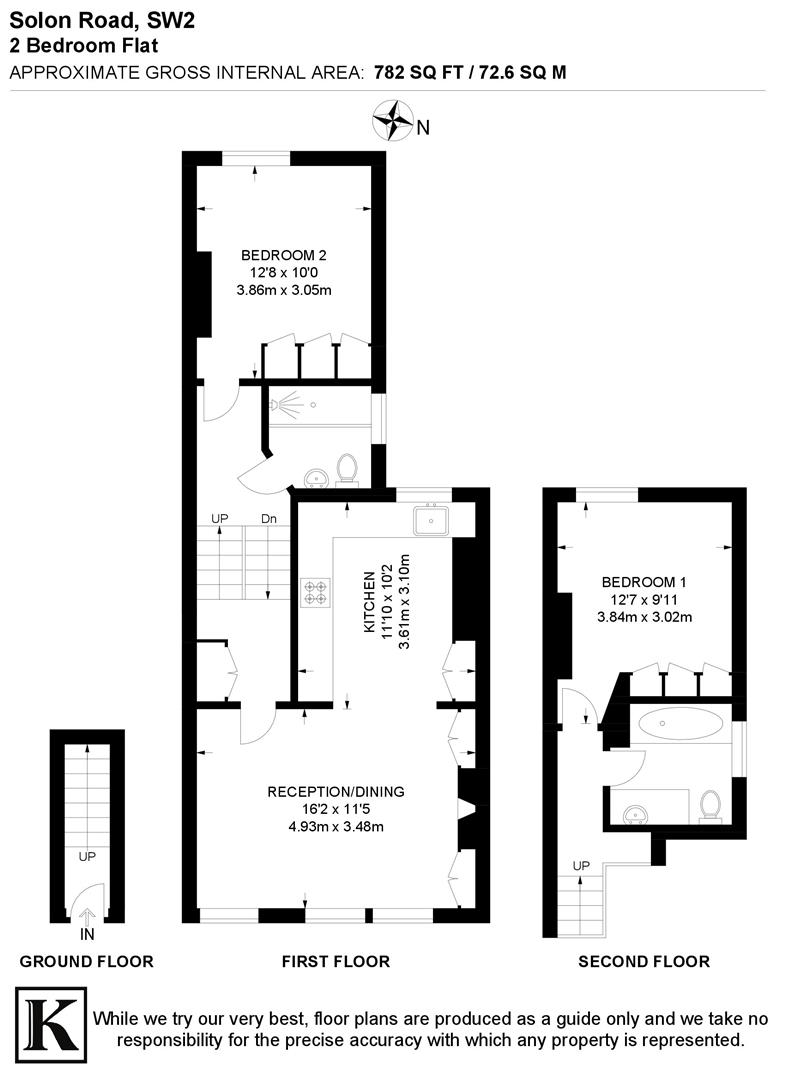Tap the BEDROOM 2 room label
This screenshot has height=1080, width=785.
coord(283,253)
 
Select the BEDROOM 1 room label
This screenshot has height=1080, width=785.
coord(644,581)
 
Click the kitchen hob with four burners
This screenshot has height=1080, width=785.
coord(314,592)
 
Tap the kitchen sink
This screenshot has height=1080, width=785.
coord(434,520)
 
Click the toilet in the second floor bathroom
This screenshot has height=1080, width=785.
coord(711,804)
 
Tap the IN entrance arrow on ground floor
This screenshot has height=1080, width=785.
coord(87,915)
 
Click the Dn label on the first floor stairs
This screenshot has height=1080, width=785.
coord(269,518)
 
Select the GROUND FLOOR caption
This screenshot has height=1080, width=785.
coord(87,962)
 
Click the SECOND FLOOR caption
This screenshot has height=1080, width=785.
coord(644,962)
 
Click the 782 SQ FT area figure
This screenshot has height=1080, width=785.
coord(412,72)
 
